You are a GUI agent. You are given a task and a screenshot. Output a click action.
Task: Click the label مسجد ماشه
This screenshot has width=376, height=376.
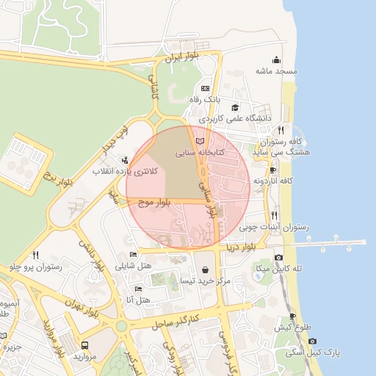pyautogui.click(x=275, y=71)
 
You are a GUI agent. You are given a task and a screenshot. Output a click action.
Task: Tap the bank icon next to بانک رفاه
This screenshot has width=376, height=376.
pyautogui.click(x=205, y=88)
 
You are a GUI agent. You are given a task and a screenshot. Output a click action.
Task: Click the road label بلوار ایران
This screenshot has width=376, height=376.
pyautogui.click(x=182, y=56)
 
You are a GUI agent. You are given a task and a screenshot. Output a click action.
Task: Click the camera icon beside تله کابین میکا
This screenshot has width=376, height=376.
pyautogui.click(x=278, y=258)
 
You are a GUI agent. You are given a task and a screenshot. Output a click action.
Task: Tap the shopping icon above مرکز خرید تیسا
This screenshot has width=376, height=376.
pyautogui.click(x=204, y=270)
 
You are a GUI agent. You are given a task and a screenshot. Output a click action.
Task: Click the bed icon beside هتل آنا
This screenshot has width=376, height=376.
pyautogui.click(x=138, y=289)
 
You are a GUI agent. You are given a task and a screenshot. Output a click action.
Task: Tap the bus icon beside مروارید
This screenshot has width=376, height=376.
pyautogui.click(x=85, y=344)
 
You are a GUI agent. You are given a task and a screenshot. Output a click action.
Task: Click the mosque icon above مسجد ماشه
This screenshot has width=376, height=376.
pyautogui.click(x=276, y=60)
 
